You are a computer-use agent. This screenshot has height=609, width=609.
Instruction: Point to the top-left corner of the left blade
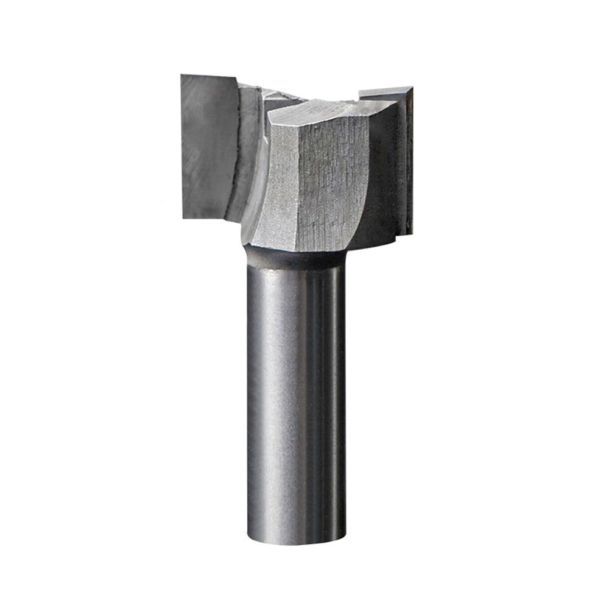click(182, 76)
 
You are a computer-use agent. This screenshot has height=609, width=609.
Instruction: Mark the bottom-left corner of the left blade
click(183, 216)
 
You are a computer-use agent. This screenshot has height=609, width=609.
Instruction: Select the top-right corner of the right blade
click(412, 88)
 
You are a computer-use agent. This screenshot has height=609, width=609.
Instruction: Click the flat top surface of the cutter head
click(323, 110)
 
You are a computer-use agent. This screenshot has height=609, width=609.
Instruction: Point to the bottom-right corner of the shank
click(345, 532)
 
